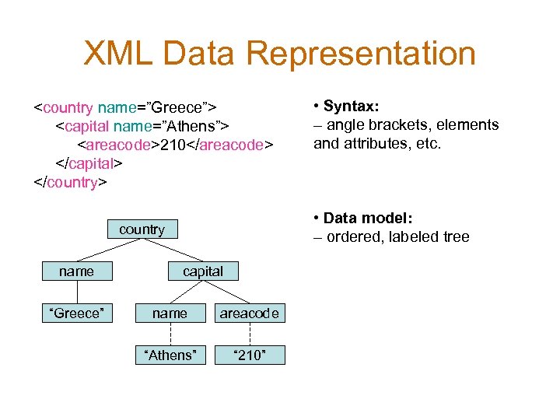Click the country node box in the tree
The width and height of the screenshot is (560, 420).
142,229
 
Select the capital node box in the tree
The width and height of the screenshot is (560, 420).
203,271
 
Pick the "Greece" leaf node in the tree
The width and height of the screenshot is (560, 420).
76,313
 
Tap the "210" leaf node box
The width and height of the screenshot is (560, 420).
250,355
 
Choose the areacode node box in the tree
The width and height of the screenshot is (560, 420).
250,313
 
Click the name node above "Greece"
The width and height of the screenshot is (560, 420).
76,271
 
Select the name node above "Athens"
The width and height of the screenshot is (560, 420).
170,313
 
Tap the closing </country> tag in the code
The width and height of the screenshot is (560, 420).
71,183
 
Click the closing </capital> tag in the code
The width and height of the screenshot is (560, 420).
89,163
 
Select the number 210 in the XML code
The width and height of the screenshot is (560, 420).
171,144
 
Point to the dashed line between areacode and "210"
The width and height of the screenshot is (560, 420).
250,334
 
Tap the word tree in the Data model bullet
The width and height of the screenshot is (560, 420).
454,236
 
